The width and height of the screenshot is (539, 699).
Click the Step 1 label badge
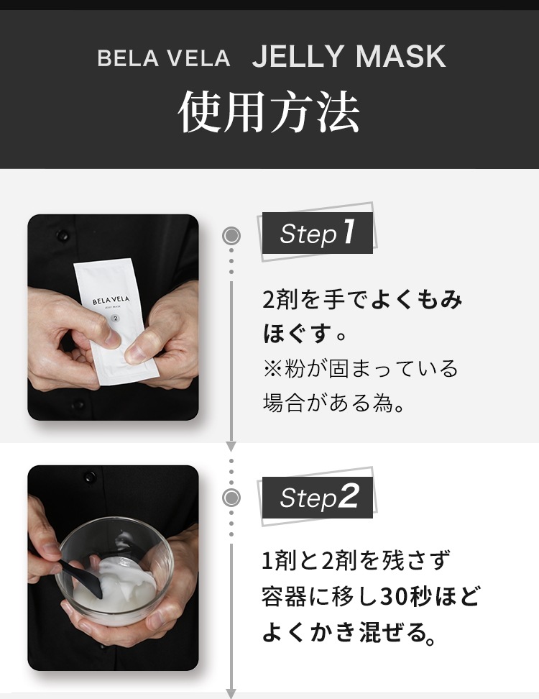coord(317,233)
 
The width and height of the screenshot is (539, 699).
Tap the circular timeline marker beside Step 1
coord(231,235)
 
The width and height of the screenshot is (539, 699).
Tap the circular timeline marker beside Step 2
coord(231,497)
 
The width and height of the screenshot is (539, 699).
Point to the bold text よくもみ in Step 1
coord(417,300)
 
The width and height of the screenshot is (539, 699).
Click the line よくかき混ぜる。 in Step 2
coord(349,634)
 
